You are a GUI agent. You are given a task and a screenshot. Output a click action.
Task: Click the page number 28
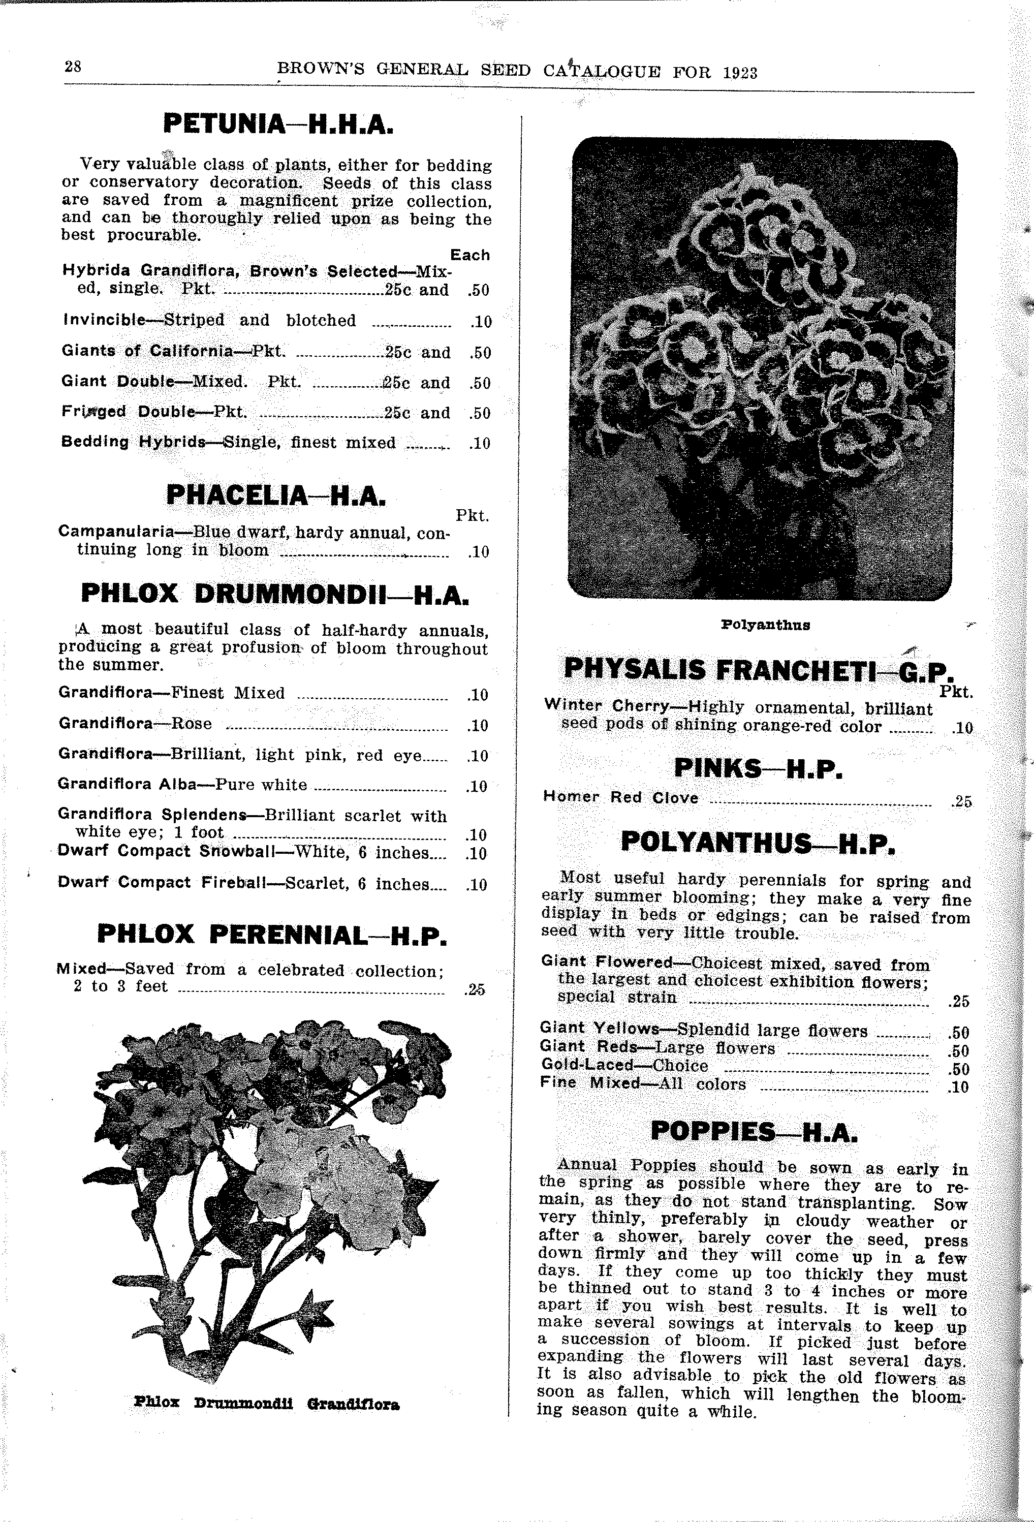pos(73,66)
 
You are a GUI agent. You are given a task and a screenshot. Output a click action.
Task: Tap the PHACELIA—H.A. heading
pos(276,495)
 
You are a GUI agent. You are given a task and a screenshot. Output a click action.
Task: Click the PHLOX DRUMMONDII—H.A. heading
pos(274,594)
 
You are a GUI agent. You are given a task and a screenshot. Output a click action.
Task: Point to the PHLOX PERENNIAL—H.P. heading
pos(272,935)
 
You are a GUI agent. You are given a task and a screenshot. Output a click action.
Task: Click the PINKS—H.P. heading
pos(758,769)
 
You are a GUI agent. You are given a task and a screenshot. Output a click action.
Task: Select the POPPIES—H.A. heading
pos(754,1132)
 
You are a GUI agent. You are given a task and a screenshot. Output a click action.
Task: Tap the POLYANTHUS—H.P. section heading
pos(757,843)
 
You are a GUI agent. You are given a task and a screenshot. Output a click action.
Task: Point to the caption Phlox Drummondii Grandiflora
pos(267,1404)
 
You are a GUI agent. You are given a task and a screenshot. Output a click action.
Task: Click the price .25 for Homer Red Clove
pos(962,801)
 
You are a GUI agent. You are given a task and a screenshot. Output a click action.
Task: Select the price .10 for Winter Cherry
pos(963,728)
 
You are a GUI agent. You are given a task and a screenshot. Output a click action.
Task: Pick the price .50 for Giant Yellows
pos(958,1033)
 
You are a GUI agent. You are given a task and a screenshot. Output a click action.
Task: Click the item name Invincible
pos(104,320)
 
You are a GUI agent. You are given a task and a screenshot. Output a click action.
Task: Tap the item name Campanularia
pos(116,531)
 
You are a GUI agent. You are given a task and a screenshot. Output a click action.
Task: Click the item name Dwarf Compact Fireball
pos(162,882)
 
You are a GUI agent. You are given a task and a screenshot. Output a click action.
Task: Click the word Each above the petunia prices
pos(469,255)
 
